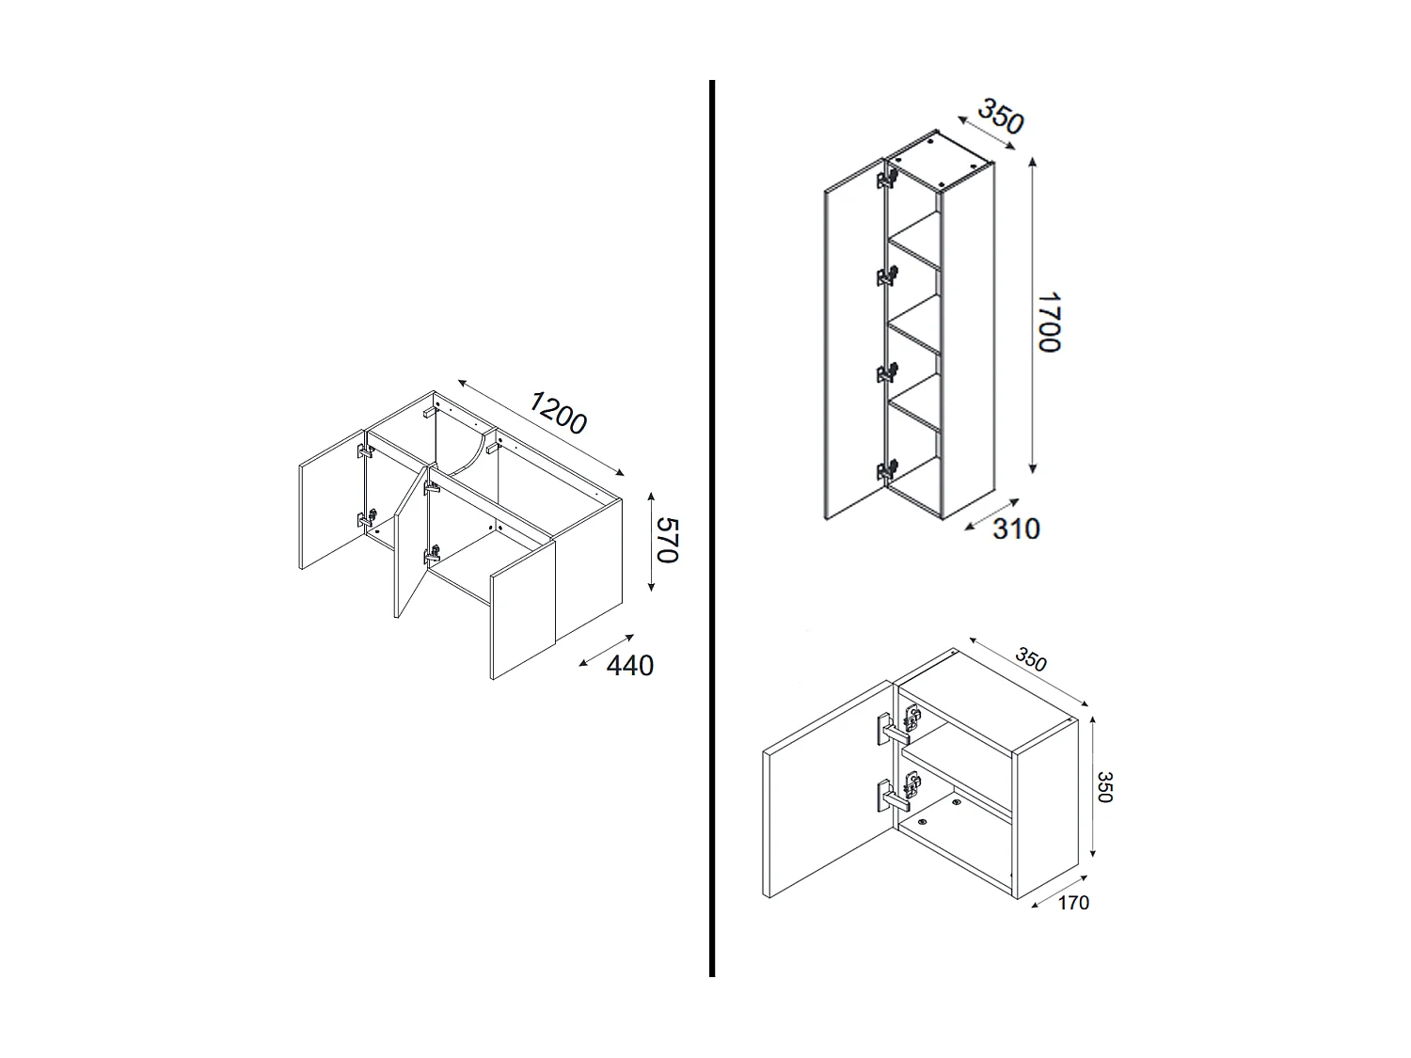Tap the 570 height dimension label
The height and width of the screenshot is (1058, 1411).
[666, 540]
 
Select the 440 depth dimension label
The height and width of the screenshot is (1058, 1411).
[629, 666]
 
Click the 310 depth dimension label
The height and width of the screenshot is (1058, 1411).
[1016, 529]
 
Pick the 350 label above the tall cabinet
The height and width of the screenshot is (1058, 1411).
[999, 116]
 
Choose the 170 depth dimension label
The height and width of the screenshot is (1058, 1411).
[1072, 903]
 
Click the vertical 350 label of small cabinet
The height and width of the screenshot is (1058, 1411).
[1105, 787]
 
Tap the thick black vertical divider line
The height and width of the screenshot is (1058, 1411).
[712, 527]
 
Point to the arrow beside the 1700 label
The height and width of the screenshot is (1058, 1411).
[1033, 315]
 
